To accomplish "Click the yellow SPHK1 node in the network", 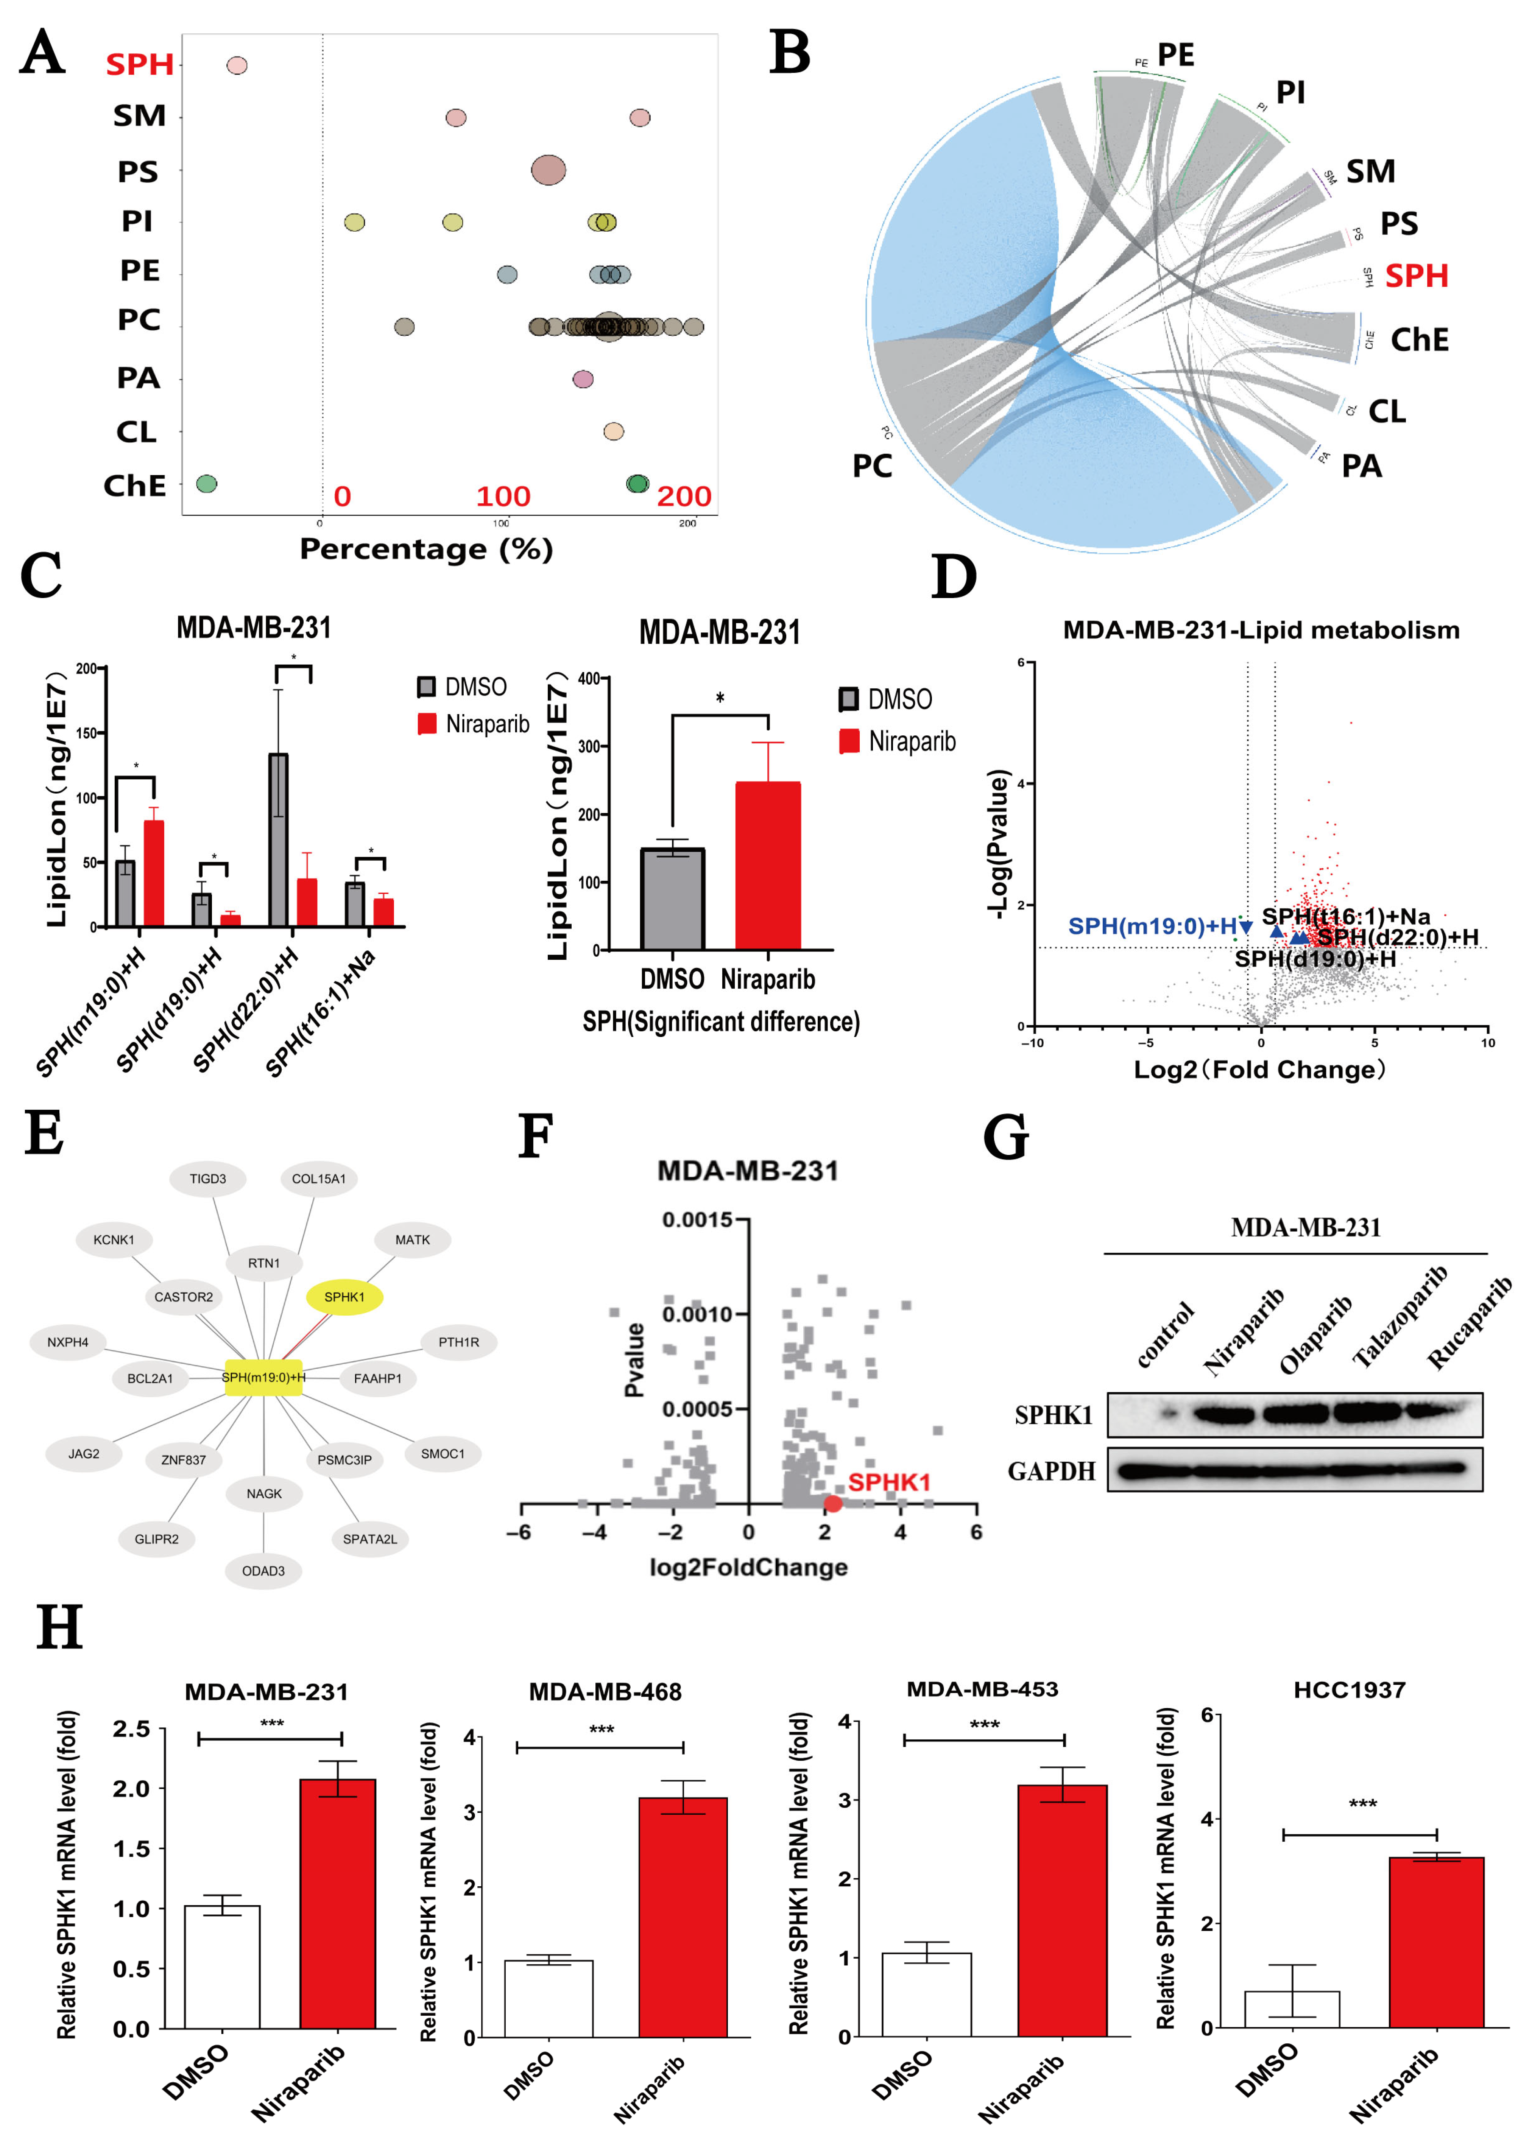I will [x=344, y=1297].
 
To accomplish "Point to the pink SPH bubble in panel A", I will [x=237, y=65].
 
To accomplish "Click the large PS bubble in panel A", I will [x=548, y=171].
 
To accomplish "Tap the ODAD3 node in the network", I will [x=263, y=1570].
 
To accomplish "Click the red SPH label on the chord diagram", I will [x=1416, y=276].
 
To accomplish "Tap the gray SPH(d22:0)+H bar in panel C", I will [x=278, y=839].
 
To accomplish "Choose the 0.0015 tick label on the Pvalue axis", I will [x=696, y=1219].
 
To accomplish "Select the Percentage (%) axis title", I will [x=425, y=549].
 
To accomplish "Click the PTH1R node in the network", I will [x=458, y=1341].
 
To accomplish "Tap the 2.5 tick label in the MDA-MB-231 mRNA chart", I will [x=131, y=1729].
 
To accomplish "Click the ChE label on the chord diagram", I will [x=1419, y=339].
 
